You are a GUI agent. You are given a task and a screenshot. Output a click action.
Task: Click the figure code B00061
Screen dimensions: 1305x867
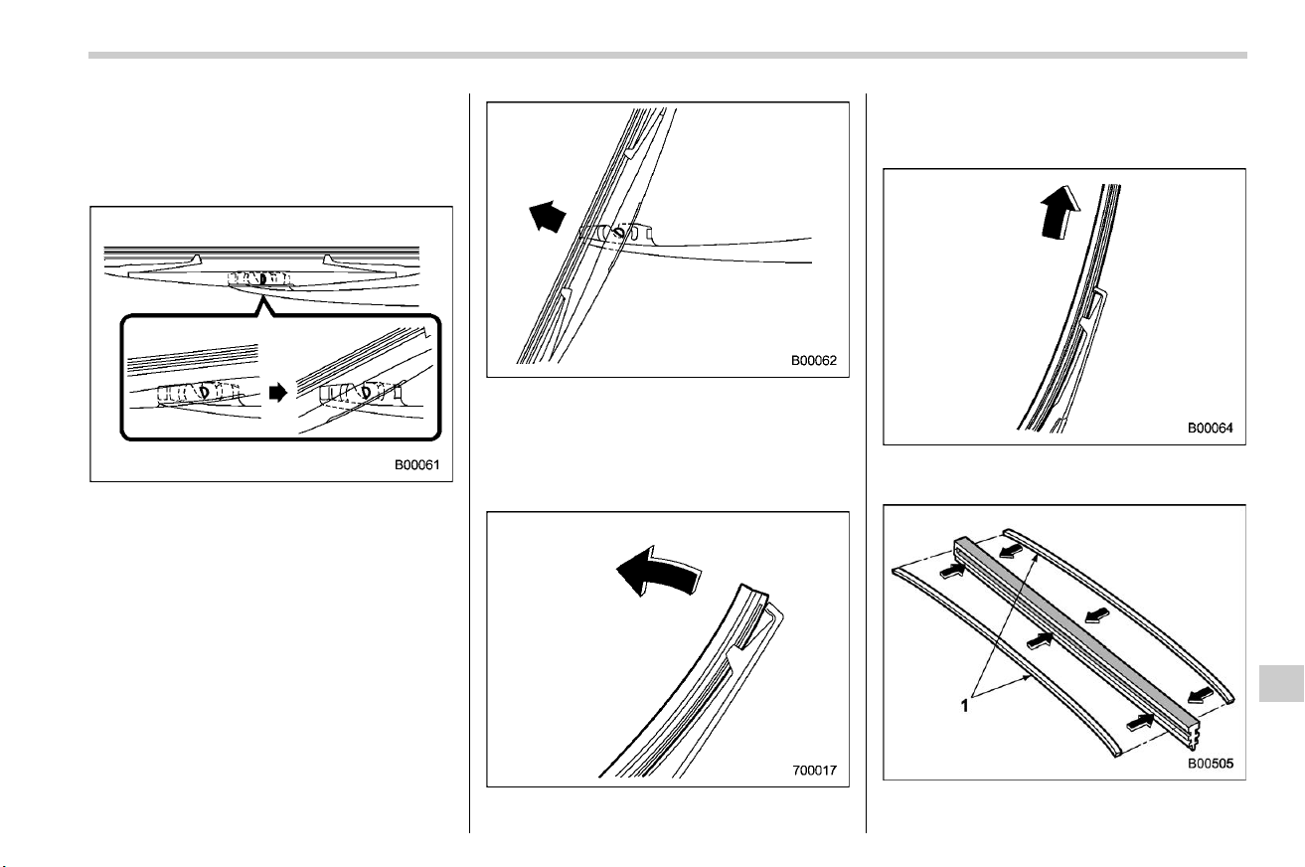(x=417, y=465)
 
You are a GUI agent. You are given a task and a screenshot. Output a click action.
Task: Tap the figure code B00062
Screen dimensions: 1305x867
(x=813, y=361)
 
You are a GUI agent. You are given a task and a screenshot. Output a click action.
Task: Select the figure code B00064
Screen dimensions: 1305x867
(x=1210, y=429)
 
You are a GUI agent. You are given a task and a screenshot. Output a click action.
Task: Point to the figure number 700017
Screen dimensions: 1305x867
(x=814, y=771)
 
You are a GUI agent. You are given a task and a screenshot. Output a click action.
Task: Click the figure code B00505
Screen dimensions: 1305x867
(x=1211, y=764)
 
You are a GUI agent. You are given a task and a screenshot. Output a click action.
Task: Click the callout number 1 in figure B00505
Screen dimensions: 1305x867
(x=964, y=706)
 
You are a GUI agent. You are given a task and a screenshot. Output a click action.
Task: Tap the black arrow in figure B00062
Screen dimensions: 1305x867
(x=547, y=216)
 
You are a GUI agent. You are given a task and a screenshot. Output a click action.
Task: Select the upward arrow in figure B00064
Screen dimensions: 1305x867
(x=1060, y=212)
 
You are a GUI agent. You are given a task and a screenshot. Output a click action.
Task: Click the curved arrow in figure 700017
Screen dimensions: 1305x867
(x=658, y=571)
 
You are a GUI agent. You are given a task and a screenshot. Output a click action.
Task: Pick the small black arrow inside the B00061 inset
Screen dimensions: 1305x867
(x=278, y=393)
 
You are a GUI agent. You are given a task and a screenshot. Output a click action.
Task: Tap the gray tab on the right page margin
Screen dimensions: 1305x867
(x=1281, y=682)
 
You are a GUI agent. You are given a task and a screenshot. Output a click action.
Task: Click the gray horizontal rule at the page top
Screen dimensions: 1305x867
(x=668, y=56)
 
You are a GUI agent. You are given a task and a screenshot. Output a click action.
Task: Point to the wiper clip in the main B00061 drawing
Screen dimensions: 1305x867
(x=259, y=279)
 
